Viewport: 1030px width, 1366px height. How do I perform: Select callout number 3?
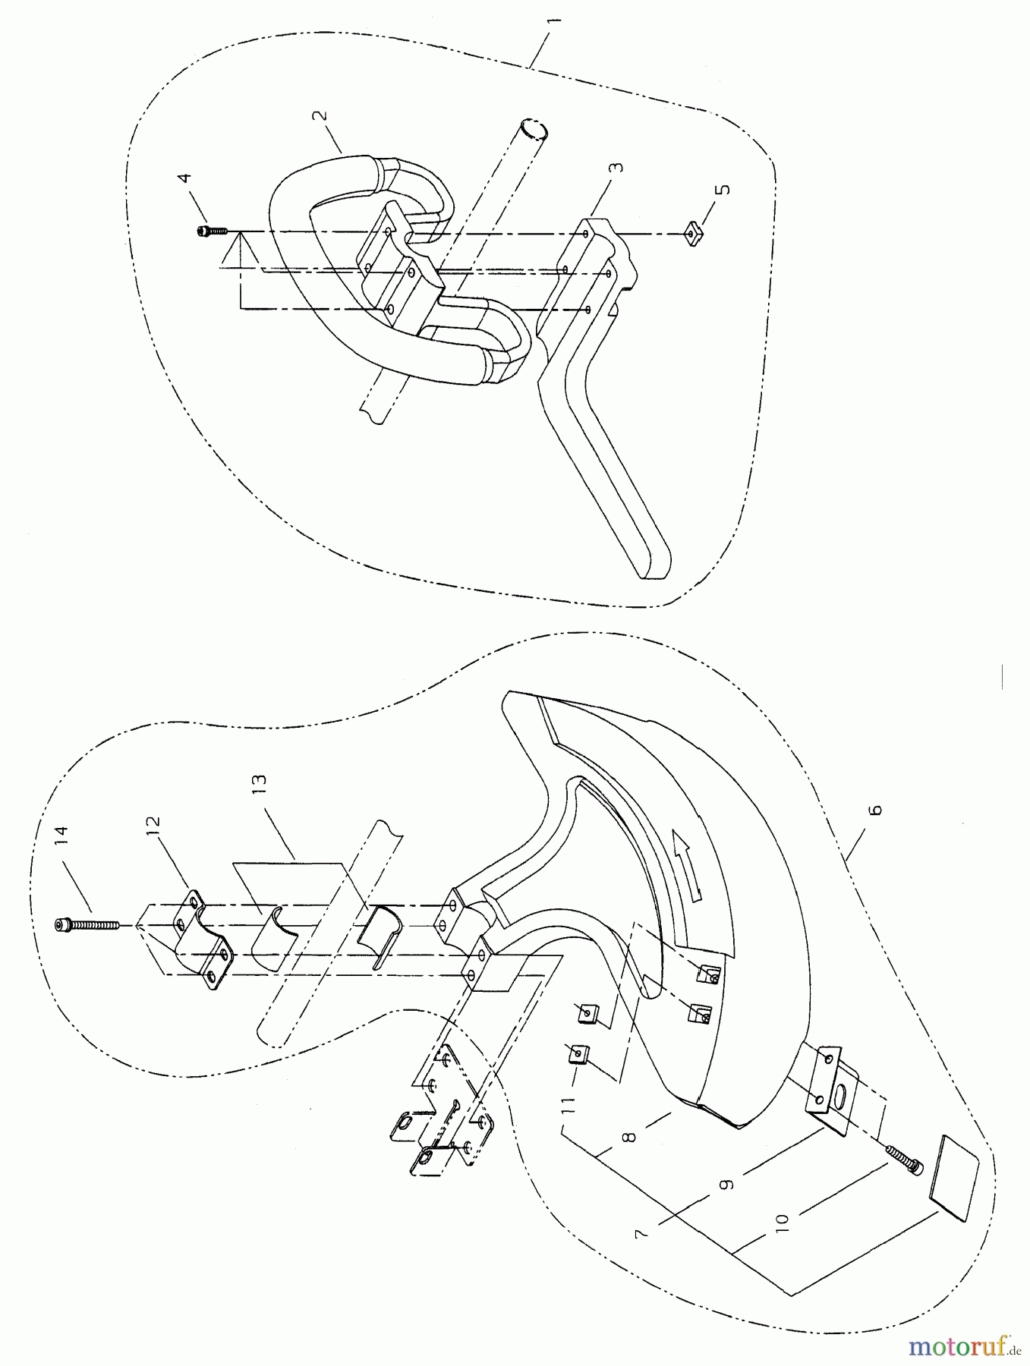[x=619, y=165]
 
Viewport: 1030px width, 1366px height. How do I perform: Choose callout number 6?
[x=876, y=810]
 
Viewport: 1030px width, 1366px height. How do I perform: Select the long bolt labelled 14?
[x=88, y=924]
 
